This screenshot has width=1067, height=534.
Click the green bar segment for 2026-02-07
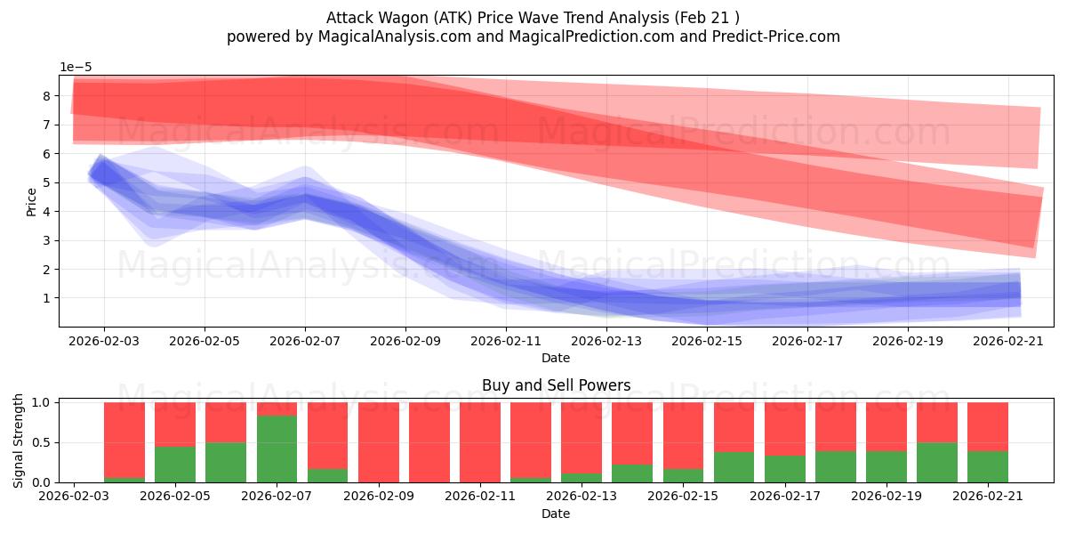[x=277, y=449]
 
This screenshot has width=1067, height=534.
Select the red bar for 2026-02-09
[x=379, y=442]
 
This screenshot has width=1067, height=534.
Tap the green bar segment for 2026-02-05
[x=175, y=465]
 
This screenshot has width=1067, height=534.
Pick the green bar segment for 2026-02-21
[x=988, y=466]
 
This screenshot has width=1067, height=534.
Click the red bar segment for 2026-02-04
[x=124, y=440]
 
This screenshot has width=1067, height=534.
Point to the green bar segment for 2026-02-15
[x=683, y=475]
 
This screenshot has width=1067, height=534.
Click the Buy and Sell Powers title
[x=556, y=385]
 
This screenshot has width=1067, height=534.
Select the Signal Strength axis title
[x=18, y=441]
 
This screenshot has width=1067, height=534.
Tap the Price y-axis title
[x=31, y=202]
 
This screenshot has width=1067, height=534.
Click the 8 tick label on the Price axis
[x=46, y=96]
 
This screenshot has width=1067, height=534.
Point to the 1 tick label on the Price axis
[x=46, y=298]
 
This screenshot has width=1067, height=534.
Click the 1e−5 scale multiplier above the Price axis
[x=76, y=68]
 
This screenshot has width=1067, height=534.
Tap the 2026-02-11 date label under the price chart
[x=506, y=342]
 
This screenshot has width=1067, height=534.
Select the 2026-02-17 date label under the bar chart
[x=785, y=496]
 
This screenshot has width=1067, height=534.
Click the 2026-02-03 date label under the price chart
[x=104, y=342]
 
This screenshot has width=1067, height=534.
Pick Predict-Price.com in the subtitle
[x=776, y=36]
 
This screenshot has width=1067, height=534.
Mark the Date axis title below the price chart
[x=556, y=358]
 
